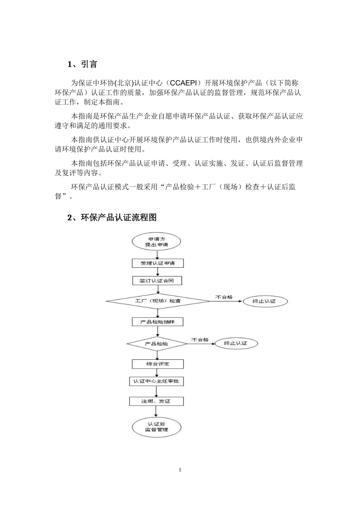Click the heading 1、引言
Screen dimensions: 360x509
coord(82,64)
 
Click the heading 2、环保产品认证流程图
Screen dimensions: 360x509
coord(112,217)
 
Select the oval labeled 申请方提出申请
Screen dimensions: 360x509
coord(157,242)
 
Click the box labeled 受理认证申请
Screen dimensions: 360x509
coord(158,263)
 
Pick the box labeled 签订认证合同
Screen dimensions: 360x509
coord(157,281)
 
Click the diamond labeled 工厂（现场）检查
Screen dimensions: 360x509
coord(158,301)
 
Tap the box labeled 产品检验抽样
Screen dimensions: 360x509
coord(158,322)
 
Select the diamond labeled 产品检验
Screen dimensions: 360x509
coord(157,344)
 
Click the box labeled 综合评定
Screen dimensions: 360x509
coord(158,364)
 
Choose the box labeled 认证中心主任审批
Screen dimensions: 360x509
coord(156,381)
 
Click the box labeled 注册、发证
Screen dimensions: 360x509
coord(156,401)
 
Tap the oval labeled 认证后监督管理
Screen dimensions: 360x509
coord(157,427)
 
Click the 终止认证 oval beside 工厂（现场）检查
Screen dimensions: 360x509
coord(265,301)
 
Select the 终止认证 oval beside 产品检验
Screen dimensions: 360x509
coord(236,343)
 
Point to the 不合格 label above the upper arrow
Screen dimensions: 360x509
coord(224,297)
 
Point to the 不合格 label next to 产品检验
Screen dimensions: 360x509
coord(200,340)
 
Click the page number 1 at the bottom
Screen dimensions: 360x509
coord(180,470)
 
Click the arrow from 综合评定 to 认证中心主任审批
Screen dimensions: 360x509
coord(157,373)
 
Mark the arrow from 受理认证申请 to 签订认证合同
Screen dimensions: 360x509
coord(157,272)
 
